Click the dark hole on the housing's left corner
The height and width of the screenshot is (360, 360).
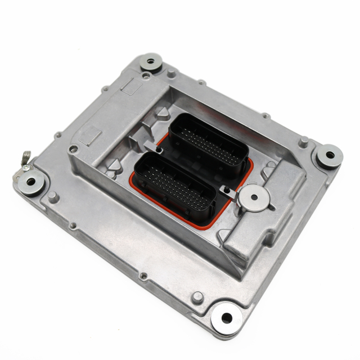pyautogui.click(x=72, y=149)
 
